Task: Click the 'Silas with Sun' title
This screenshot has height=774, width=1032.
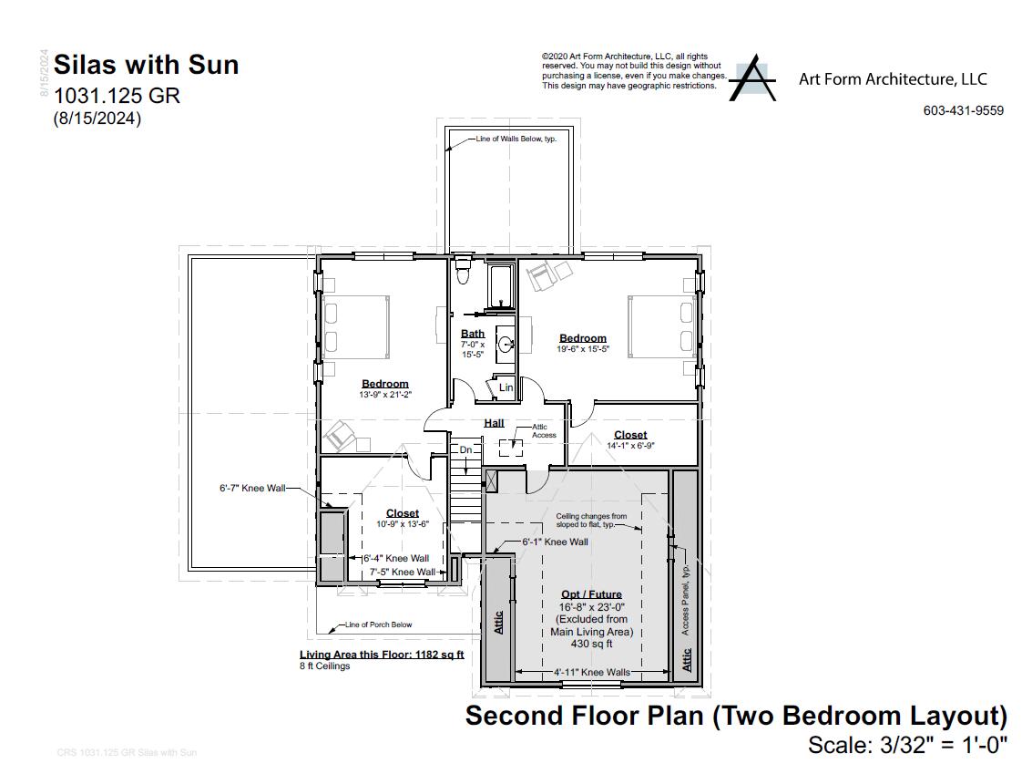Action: coord(146,65)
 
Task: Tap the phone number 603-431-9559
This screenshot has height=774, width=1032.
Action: coord(963,110)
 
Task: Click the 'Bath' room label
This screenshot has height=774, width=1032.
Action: coord(472,334)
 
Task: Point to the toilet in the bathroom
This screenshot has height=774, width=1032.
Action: coord(462,271)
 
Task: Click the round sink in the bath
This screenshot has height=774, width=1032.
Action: coord(505,345)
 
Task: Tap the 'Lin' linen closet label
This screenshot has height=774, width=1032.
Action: coord(506,387)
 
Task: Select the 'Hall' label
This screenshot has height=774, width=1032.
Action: coord(494,423)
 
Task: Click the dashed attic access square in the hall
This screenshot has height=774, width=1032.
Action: coord(510,447)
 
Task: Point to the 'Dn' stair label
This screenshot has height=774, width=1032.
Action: coord(465,449)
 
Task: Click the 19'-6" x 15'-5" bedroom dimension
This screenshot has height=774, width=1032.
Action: coord(583,349)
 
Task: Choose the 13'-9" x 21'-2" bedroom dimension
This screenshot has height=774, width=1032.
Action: coord(384,395)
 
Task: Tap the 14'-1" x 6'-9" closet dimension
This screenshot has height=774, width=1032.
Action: coord(629,446)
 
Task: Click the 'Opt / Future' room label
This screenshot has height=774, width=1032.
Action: coord(591,594)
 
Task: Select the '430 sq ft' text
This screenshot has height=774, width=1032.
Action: coord(591,644)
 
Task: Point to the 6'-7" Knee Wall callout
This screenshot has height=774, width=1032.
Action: coord(252,489)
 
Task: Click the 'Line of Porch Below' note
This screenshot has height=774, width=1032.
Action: coord(378,625)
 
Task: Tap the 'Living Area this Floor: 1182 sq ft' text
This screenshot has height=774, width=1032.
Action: coord(382,655)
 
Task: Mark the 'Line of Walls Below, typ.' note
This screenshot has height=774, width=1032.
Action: coord(516,139)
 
